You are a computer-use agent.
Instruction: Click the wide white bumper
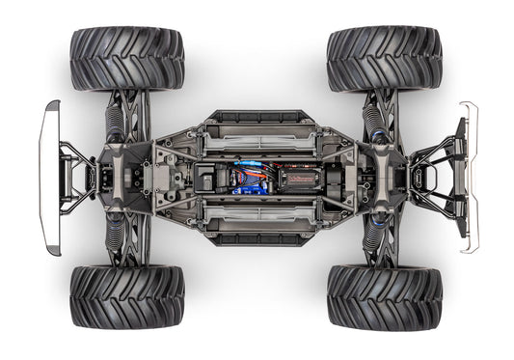(48, 179)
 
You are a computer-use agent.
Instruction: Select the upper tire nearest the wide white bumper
(126, 58)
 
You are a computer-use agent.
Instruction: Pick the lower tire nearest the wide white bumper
(126, 297)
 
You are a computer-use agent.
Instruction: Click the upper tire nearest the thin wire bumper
(384, 58)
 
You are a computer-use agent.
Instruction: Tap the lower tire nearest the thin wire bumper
(384, 297)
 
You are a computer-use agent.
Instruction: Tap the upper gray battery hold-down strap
(258, 142)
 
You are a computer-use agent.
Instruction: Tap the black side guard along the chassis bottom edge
(258, 239)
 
